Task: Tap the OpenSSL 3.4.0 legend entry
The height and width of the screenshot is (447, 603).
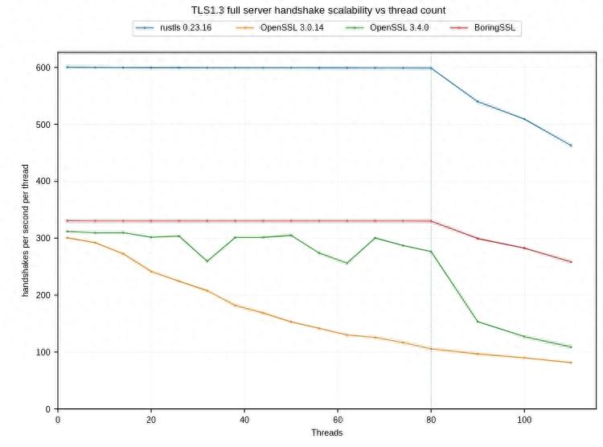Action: pos(382,28)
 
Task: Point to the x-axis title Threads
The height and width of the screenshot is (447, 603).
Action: pos(326,433)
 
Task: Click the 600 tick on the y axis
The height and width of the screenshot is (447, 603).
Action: pos(42,68)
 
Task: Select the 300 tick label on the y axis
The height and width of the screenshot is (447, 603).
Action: pos(42,239)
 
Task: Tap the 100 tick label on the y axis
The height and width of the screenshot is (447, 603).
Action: pos(42,352)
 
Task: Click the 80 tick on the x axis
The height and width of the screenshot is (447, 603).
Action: pos(431,419)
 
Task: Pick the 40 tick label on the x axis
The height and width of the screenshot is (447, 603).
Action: pos(244,419)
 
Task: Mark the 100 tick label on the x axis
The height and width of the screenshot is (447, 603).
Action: pos(524,419)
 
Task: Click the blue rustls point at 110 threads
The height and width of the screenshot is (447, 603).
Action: pos(571,146)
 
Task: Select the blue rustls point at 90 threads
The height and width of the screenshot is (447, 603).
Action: pos(478,101)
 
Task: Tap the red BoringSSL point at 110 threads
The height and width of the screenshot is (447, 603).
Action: pos(571,262)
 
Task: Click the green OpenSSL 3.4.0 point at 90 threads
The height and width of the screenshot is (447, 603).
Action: pos(478,322)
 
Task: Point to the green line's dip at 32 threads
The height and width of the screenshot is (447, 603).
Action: pos(207,261)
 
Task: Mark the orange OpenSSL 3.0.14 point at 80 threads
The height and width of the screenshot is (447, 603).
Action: pos(431,349)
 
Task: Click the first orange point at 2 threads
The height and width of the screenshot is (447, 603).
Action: pos(67,238)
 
